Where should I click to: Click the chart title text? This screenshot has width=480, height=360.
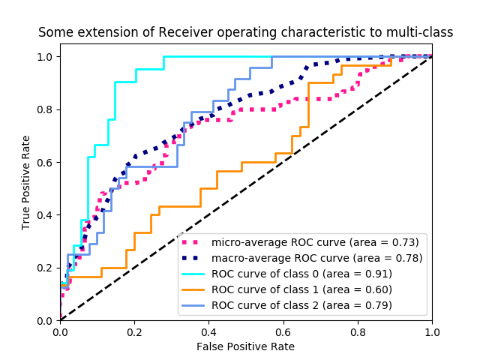[x=246, y=32]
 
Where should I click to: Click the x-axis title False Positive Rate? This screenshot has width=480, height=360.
[x=246, y=346]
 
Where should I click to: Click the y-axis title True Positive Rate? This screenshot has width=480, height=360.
[x=26, y=182]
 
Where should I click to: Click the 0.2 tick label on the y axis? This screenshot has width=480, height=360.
[x=46, y=268]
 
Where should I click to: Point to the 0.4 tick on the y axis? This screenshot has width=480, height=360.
[x=46, y=215]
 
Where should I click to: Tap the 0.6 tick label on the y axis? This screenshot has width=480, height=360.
[x=46, y=162]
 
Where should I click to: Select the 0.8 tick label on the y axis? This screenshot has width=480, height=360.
[x=46, y=109]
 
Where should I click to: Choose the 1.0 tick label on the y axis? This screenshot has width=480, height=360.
[x=46, y=57]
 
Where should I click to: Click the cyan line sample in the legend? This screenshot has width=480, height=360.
[x=193, y=274]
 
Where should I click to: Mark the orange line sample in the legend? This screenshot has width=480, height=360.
[x=193, y=289]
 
